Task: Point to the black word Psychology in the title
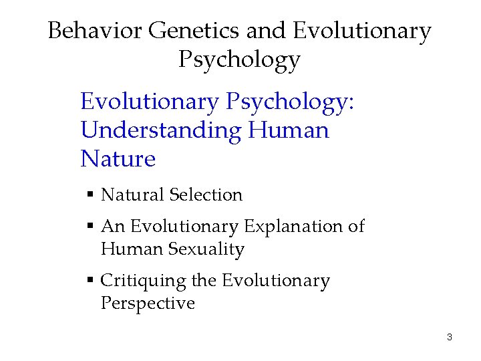tap(239, 60)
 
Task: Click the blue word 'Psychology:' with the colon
tap(291, 102)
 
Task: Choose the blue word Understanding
tap(160, 130)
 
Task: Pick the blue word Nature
tap(118, 159)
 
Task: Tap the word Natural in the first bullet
tap(132, 195)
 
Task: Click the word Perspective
tap(148, 304)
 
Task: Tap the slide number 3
tap(450, 337)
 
